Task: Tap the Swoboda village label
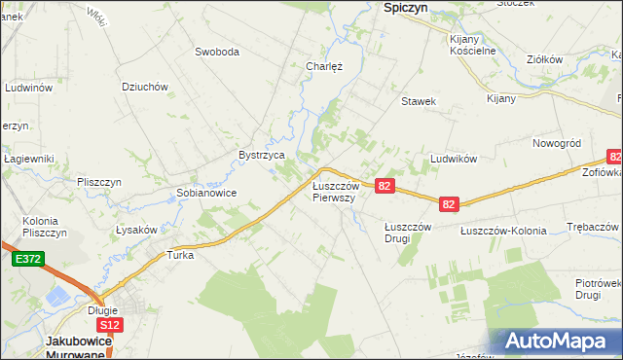tap(217, 52)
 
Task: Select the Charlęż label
tap(323, 67)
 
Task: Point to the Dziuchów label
tap(146, 87)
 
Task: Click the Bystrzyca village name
tap(262, 155)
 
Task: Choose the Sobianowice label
tap(206, 193)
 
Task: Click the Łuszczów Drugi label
tap(407, 233)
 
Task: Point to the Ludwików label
tap(452, 159)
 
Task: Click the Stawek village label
tap(418, 101)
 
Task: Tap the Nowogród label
tap(557, 143)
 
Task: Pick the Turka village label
tap(181, 256)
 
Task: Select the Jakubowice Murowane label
tap(81, 347)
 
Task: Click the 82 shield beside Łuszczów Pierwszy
tap(385, 186)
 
